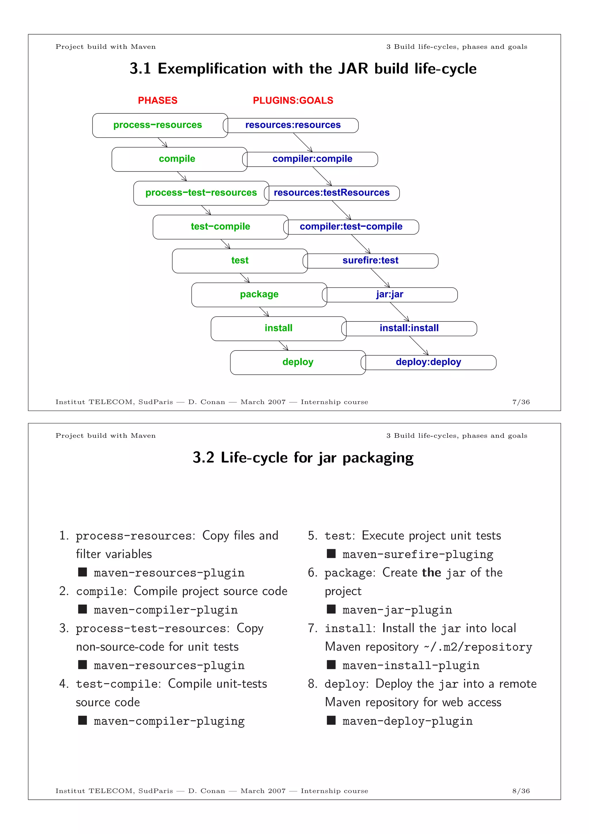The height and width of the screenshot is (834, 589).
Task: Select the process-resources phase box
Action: tap(158, 125)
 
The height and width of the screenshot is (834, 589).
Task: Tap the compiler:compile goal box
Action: tap(312, 159)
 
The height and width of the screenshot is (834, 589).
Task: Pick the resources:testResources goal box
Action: tap(331, 193)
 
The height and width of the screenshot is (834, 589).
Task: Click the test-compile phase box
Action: tap(220, 227)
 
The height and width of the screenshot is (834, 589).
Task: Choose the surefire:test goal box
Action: tap(370, 260)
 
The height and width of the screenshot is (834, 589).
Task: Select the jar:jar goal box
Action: tap(390, 295)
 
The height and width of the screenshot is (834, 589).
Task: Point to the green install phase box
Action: tap(278, 328)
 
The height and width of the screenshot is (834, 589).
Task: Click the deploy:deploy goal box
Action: tap(428, 362)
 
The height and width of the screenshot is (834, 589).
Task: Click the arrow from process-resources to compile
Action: tap(162, 142)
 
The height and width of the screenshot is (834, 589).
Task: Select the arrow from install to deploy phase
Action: tap(284, 345)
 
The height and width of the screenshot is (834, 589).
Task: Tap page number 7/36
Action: tap(521, 402)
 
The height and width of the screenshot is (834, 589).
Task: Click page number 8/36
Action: tap(521, 791)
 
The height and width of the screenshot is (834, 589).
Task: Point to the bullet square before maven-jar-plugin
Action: tap(331, 609)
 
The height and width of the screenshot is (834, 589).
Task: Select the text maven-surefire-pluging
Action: tap(418, 554)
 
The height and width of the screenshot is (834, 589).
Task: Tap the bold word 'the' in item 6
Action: tap(431, 572)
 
